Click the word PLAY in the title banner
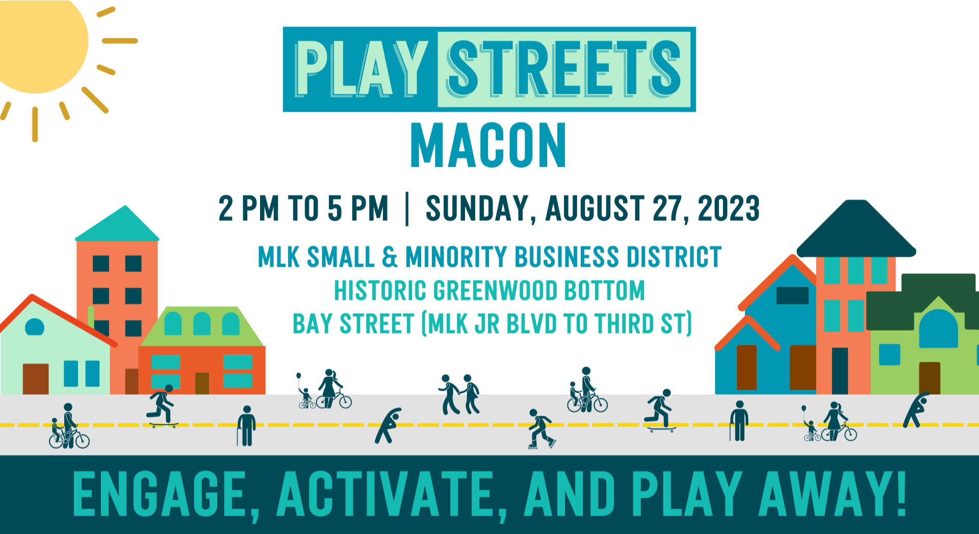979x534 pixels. tap(361, 69)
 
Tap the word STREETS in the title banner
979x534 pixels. tap(564, 69)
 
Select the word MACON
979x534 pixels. tap(488, 145)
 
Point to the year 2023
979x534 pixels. tap(729, 208)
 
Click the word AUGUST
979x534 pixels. tap(595, 208)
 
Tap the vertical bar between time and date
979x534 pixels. tap(407, 208)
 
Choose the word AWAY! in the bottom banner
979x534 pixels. tap(833, 493)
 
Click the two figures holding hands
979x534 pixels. tap(459, 394)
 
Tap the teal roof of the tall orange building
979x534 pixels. tap(118, 226)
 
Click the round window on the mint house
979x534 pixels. tap(35, 326)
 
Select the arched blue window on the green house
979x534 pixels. tap(938, 329)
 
